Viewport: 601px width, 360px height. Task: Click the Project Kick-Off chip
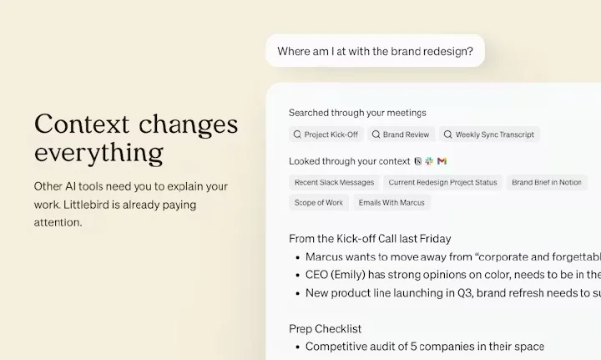point(326,134)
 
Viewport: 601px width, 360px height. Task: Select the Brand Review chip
point(401,134)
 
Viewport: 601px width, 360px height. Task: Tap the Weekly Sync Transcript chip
point(489,134)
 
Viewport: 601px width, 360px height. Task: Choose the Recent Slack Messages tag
point(334,182)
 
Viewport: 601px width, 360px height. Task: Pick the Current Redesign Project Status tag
point(442,182)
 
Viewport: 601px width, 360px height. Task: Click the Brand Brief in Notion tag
point(547,182)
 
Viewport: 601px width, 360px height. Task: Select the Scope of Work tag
point(319,203)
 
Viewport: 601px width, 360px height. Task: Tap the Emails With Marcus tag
point(391,203)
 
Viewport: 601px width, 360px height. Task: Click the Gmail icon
point(442,161)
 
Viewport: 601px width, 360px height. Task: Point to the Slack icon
point(429,161)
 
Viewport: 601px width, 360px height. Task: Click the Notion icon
point(418,161)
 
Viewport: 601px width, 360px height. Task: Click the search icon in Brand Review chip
point(376,134)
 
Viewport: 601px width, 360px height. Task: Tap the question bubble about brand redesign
point(376,51)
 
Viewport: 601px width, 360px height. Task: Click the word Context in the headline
point(82,124)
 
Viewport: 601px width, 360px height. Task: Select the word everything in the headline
point(98,153)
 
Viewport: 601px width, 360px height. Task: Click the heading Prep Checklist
point(325,329)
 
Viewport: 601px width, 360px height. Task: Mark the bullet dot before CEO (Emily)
point(298,276)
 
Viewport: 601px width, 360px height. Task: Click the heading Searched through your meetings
point(357,113)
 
